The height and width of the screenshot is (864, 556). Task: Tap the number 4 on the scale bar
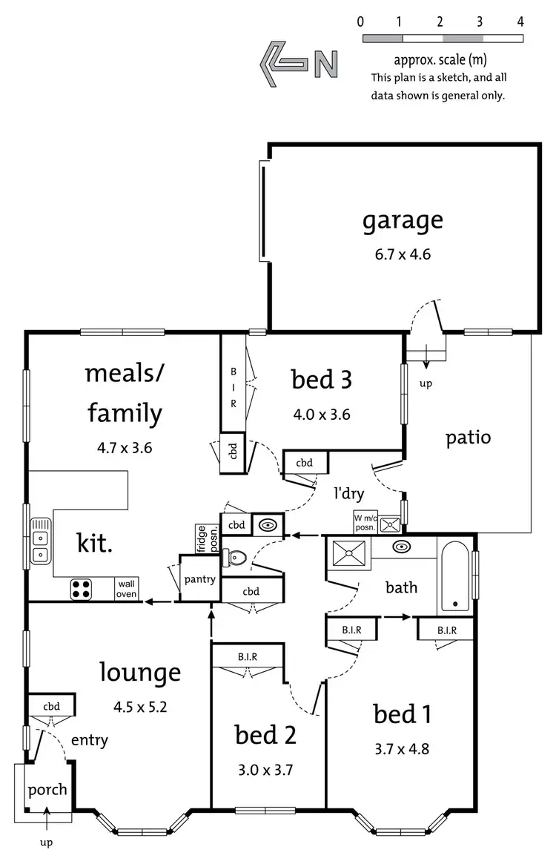[x=520, y=22]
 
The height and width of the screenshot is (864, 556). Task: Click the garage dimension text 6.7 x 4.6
[x=403, y=254]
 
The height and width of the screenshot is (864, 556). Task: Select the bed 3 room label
[x=321, y=380]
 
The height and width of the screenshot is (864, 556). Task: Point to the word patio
[x=468, y=437]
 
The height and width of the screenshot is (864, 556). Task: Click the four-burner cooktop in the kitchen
[x=82, y=589]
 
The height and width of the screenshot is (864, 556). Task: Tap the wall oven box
[x=126, y=589]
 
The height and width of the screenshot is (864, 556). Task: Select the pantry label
[x=199, y=579]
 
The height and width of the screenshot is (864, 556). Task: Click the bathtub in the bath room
[x=455, y=577]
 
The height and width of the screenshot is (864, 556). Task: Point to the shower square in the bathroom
[x=346, y=553]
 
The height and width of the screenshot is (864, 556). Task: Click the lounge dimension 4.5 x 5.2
[x=140, y=706]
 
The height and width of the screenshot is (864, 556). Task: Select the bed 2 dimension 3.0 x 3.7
[x=265, y=769]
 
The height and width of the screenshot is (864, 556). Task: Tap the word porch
[x=47, y=789]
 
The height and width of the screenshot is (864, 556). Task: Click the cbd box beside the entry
[x=51, y=706]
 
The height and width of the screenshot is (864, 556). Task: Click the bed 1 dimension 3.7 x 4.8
[x=401, y=748]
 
